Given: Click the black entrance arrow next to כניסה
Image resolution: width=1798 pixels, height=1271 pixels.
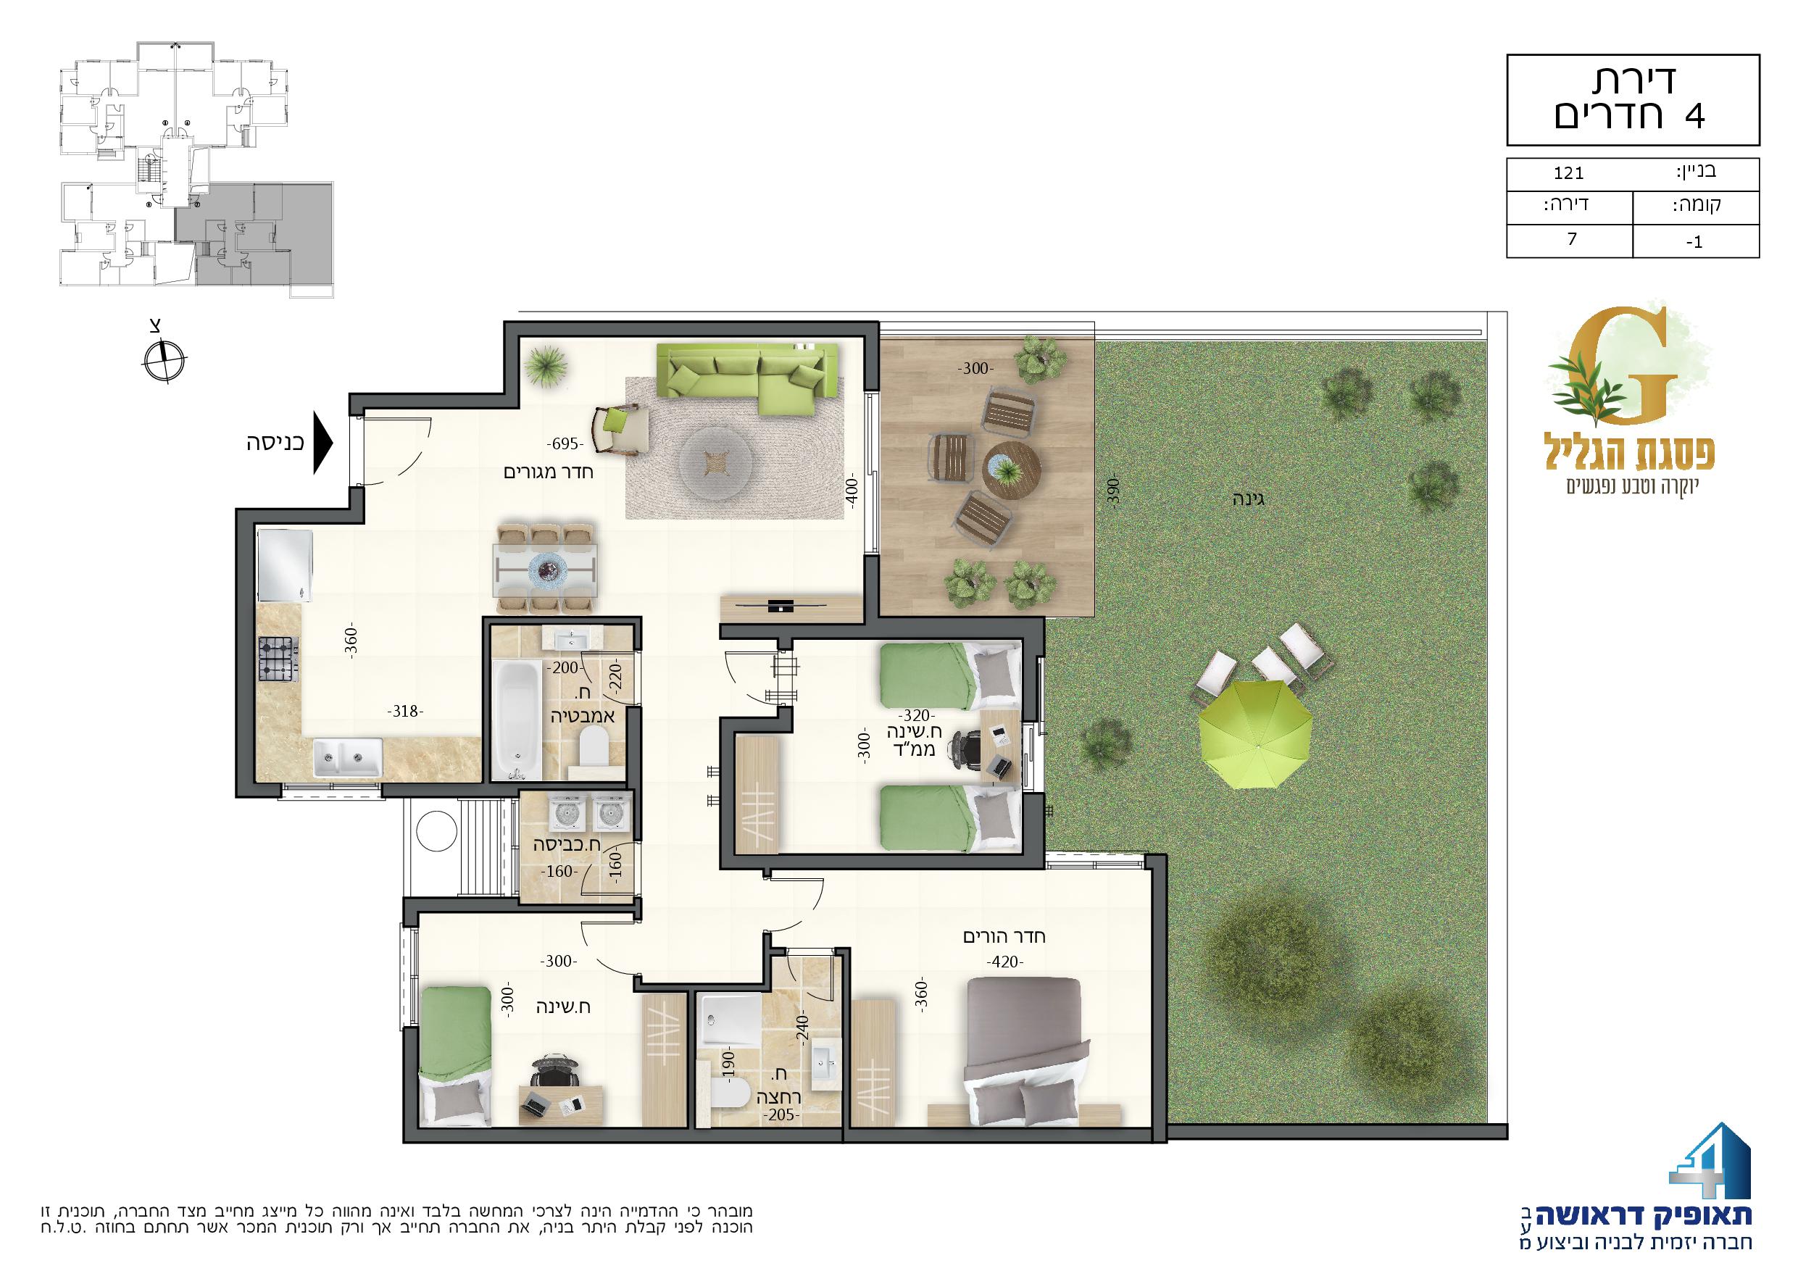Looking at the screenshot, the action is click(322, 443).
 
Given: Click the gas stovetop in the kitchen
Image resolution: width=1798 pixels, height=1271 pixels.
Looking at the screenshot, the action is click(279, 659).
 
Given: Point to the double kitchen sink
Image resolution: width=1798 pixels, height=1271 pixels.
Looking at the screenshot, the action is click(348, 758).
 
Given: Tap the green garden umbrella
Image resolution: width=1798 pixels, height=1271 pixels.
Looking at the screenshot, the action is click(1255, 735).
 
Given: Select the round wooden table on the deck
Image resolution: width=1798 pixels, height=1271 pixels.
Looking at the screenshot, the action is click(1012, 470).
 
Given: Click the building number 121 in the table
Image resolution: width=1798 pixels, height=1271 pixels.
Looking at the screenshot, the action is click(1568, 195).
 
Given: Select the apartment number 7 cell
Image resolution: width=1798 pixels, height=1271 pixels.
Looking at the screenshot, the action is click(1568, 239).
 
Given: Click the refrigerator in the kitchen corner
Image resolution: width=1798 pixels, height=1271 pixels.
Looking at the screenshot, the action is click(283, 566).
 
